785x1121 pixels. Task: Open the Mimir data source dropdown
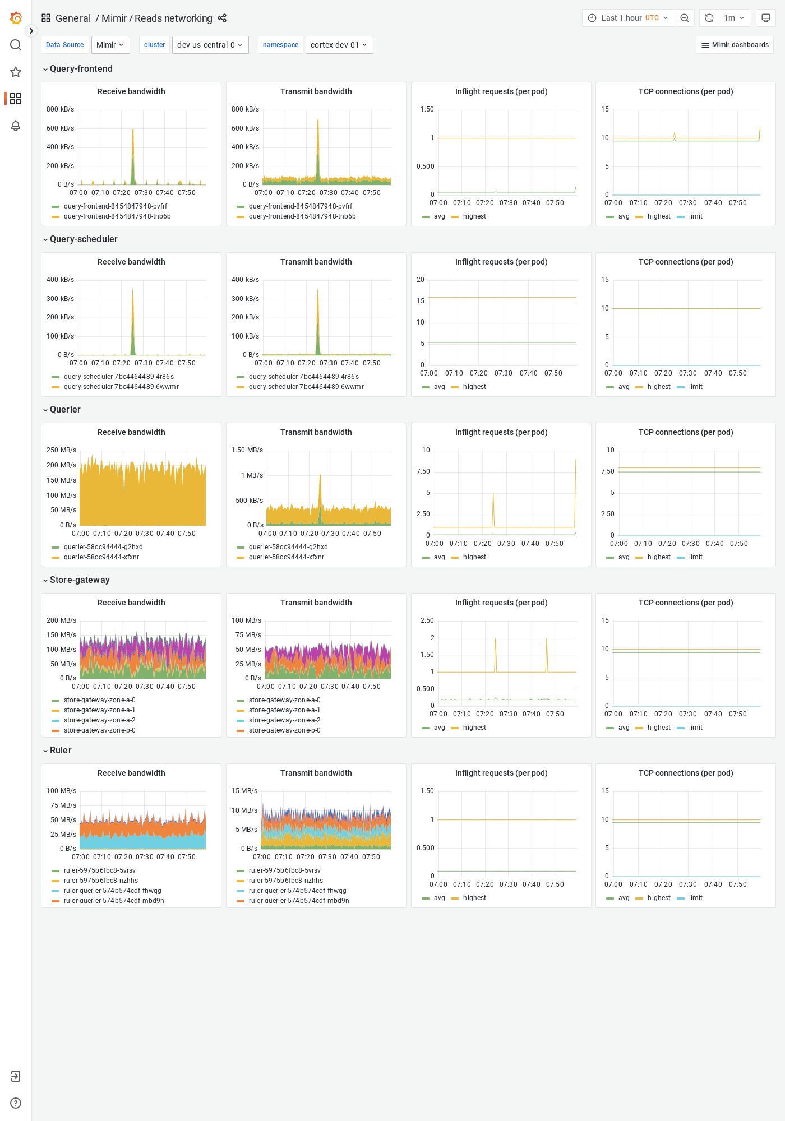pos(110,45)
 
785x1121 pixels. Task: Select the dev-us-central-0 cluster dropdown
pos(210,45)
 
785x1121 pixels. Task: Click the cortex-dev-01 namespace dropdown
pos(339,45)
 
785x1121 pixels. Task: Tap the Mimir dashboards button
pos(735,45)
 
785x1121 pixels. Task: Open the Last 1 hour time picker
pos(628,18)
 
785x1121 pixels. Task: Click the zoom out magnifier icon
pos(685,18)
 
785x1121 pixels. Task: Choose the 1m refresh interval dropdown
pos(734,18)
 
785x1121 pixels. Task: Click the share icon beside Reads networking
pos(222,18)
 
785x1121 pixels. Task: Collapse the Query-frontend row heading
pos(81,69)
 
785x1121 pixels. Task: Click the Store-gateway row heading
pos(79,580)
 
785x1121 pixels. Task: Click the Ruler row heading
pos(61,751)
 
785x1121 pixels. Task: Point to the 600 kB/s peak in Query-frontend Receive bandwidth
pos(133,131)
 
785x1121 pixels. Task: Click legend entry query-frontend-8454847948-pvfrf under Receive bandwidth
pos(115,206)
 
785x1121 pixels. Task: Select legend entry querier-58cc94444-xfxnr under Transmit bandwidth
pos(286,557)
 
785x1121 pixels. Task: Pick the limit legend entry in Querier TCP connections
pos(695,557)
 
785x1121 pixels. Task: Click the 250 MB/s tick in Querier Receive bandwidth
pos(61,450)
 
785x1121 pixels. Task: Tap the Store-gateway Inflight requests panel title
pos(501,603)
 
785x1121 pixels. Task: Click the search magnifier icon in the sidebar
pos(16,45)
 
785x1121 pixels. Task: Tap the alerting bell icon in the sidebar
pos(16,126)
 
